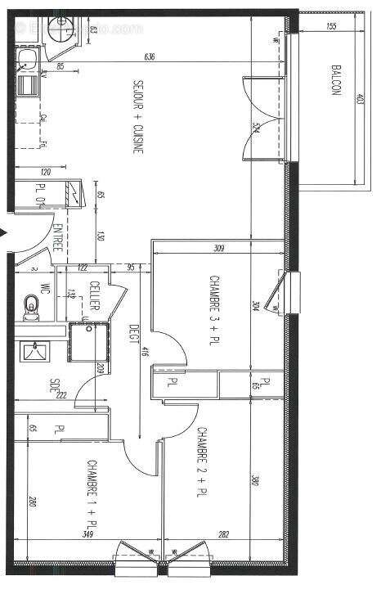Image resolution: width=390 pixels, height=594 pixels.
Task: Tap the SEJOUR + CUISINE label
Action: (140, 117)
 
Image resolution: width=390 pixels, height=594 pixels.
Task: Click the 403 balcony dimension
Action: (360, 106)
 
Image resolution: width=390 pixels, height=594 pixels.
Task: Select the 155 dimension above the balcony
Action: (330, 27)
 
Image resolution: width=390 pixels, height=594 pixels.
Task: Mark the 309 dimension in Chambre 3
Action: (217, 248)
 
